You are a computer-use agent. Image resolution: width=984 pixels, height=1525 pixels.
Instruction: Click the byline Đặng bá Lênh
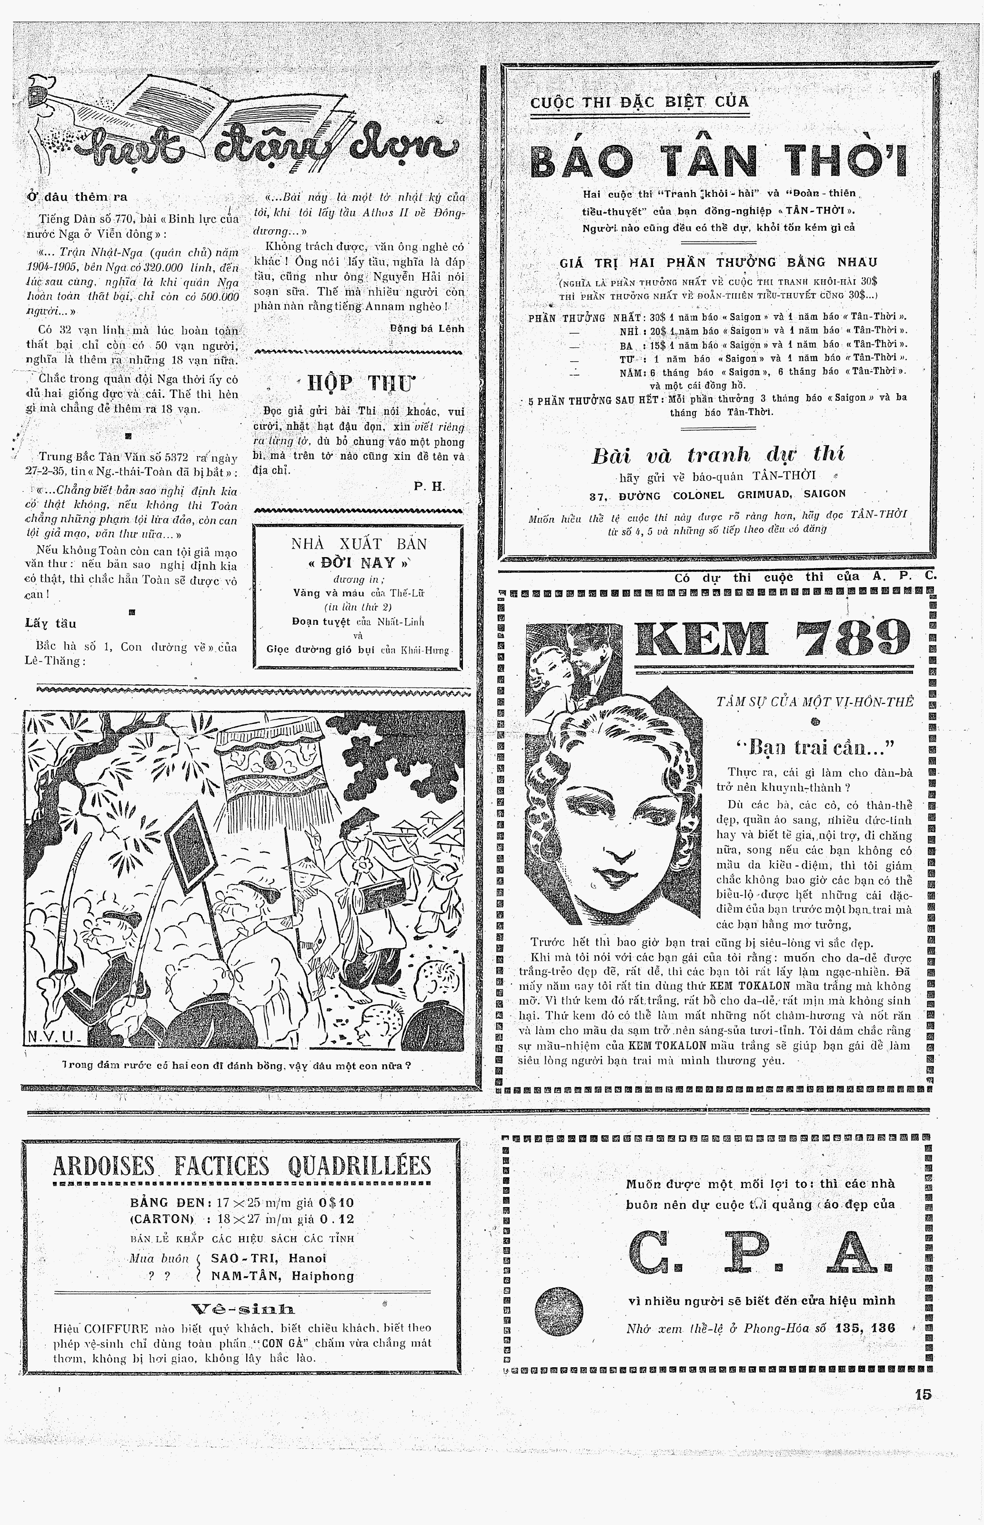point(427,328)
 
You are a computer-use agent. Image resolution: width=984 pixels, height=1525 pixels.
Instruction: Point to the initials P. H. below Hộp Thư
point(428,487)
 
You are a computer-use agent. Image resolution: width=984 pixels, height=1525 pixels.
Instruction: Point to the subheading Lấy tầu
point(51,623)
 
